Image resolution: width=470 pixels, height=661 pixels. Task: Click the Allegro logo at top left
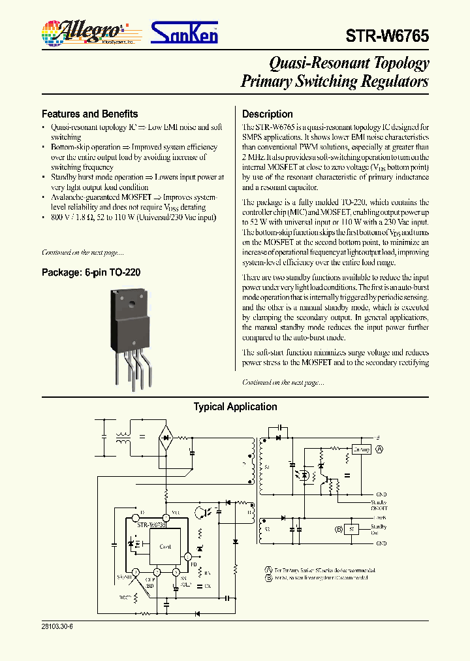pos(86,31)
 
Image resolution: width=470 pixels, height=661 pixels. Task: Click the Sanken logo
pos(185,33)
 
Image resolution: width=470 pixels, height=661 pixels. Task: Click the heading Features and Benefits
pos(89,114)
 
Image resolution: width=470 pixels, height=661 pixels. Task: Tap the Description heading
pos(267,114)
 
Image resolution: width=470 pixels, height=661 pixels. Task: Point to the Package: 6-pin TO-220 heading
pos(91,272)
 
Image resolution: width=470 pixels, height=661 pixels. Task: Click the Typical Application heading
pos(235,407)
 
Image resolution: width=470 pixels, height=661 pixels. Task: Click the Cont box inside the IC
pos(165,546)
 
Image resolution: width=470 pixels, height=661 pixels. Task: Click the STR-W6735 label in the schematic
pos(151,524)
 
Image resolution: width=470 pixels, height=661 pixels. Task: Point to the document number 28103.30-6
pos(57,626)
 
